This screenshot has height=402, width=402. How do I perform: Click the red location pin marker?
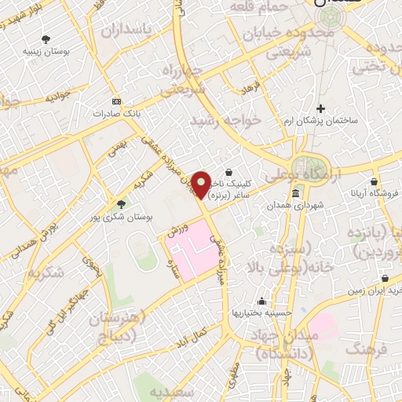tap(202, 184)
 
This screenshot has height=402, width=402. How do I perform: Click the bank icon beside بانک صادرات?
tap(117, 101)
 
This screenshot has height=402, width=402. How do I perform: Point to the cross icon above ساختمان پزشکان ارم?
tap(320, 108)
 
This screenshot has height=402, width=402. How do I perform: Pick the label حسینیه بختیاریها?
tap(260, 312)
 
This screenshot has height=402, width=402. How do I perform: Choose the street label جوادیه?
tap(58, 98)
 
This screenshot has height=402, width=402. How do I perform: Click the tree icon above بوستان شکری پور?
tap(120, 203)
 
